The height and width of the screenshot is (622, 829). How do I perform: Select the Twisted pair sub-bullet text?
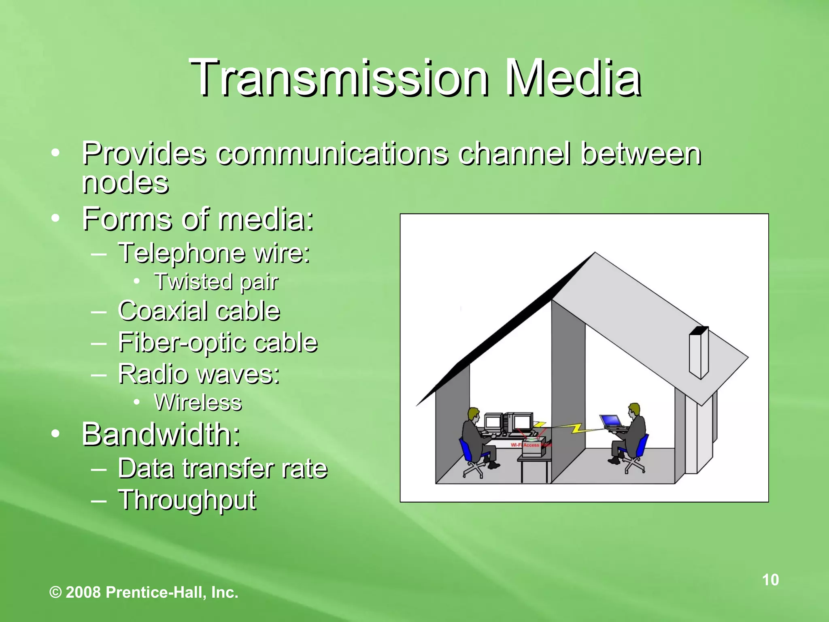click(216, 282)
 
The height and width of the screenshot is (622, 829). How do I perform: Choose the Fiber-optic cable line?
click(218, 343)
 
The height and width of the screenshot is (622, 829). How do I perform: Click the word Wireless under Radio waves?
click(198, 403)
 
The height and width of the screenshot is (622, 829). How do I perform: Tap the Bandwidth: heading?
click(161, 434)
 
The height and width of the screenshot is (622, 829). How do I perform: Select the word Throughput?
click(187, 500)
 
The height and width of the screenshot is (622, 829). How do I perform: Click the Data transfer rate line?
click(223, 469)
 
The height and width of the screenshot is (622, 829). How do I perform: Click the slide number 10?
click(770, 580)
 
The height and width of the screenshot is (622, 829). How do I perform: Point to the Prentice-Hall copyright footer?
click(144, 592)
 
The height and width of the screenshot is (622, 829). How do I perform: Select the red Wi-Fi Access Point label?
click(531, 445)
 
